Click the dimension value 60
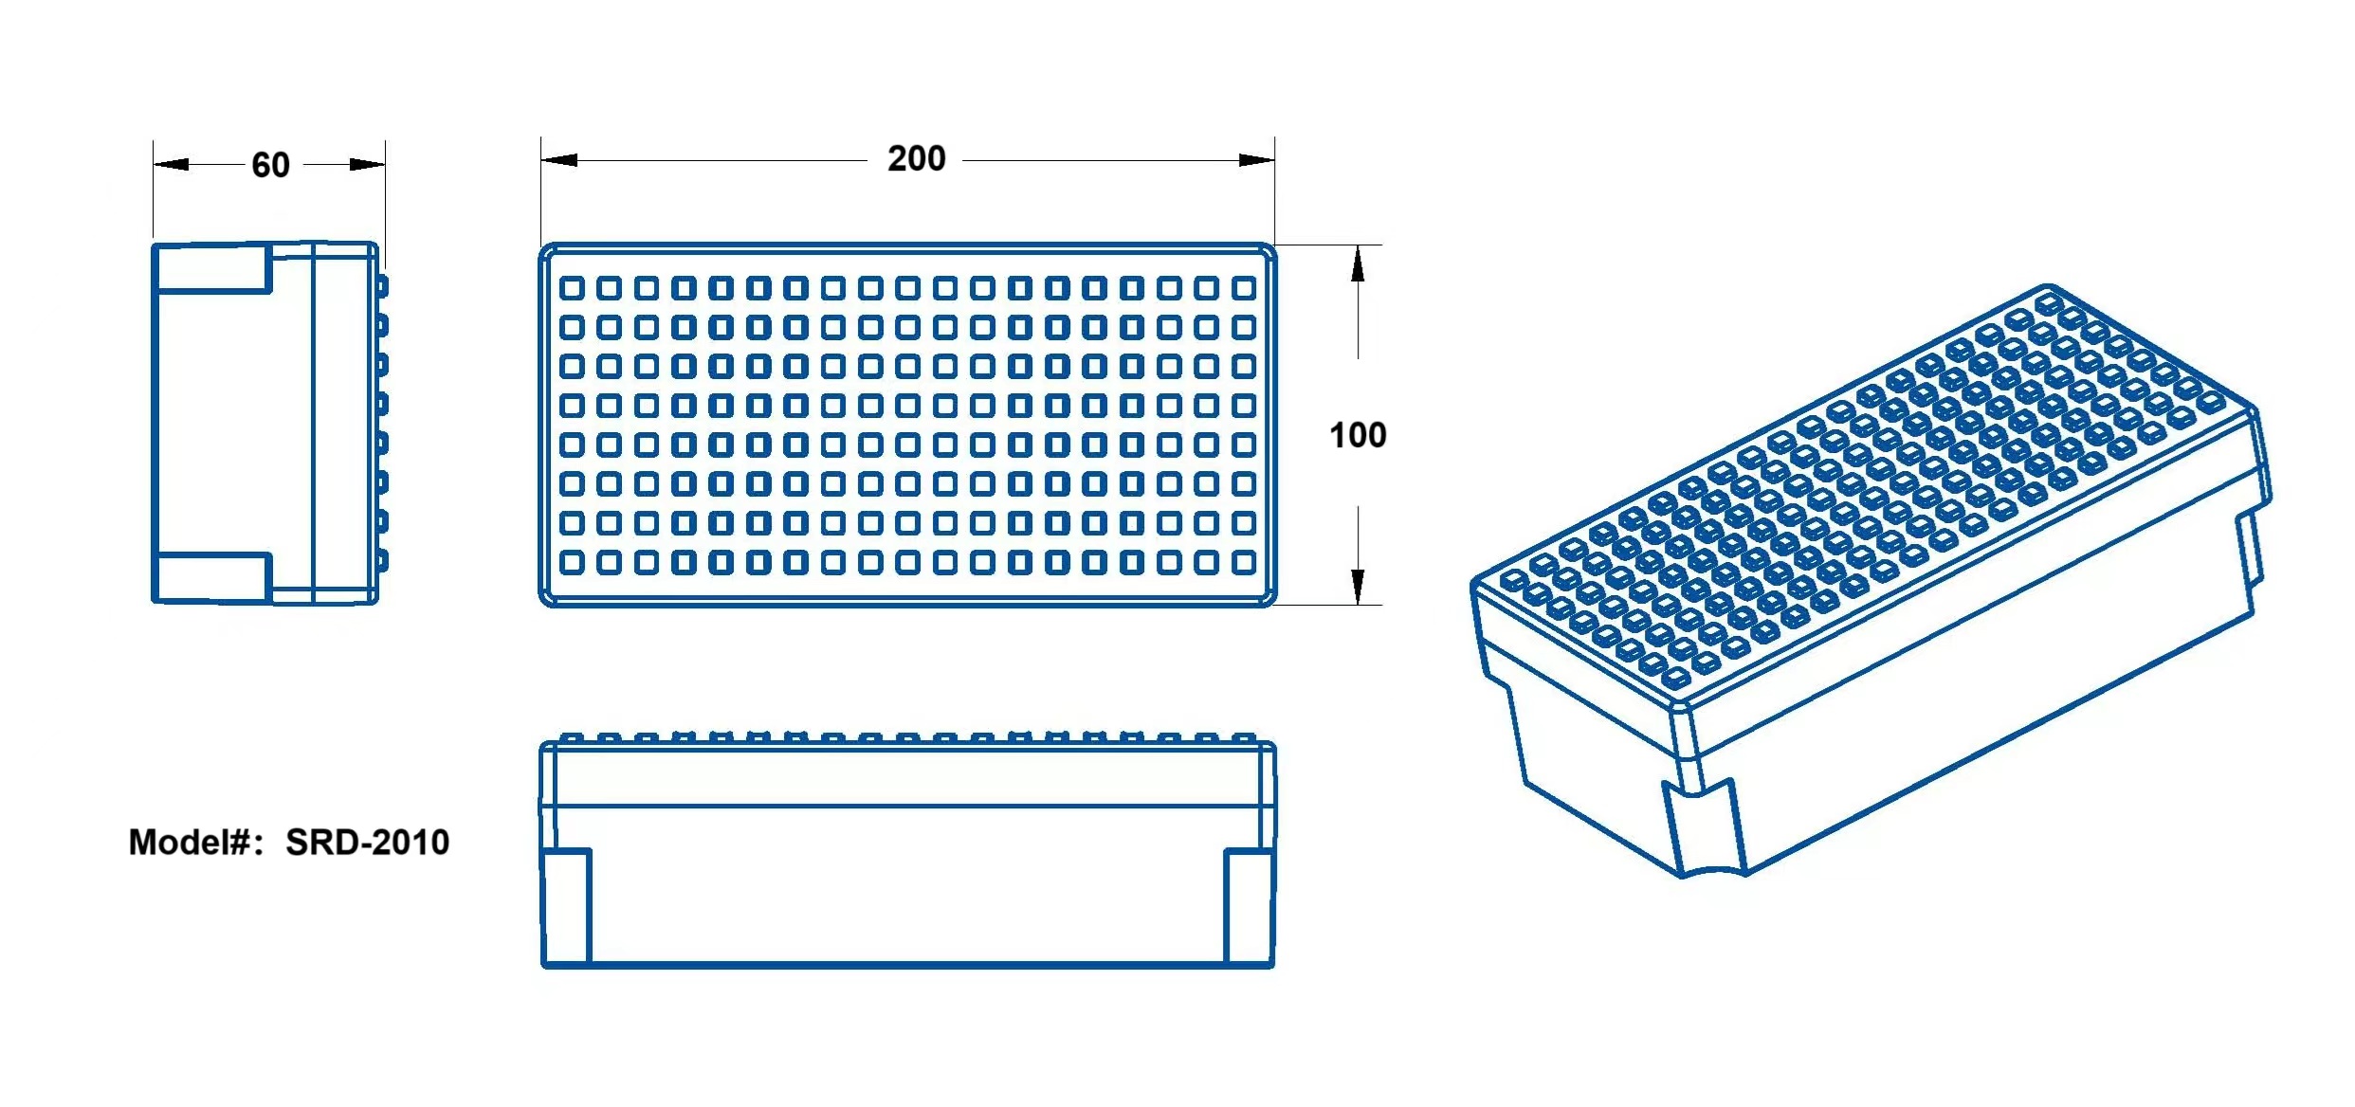[x=270, y=165]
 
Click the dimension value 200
[x=916, y=158]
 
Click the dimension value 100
[x=1358, y=435]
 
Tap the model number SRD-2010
[x=368, y=842]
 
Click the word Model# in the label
[x=189, y=842]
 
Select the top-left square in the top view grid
[x=572, y=287]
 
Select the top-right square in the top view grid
[x=1244, y=287]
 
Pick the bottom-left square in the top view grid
[x=572, y=562]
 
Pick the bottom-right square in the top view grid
[x=1244, y=562]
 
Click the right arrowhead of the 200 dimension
[x=1256, y=159]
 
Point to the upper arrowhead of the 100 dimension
[x=1358, y=263]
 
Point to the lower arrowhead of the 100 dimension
[x=1358, y=586]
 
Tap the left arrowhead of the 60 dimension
[x=172, y=164]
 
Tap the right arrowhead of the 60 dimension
[x=367, y=164]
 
